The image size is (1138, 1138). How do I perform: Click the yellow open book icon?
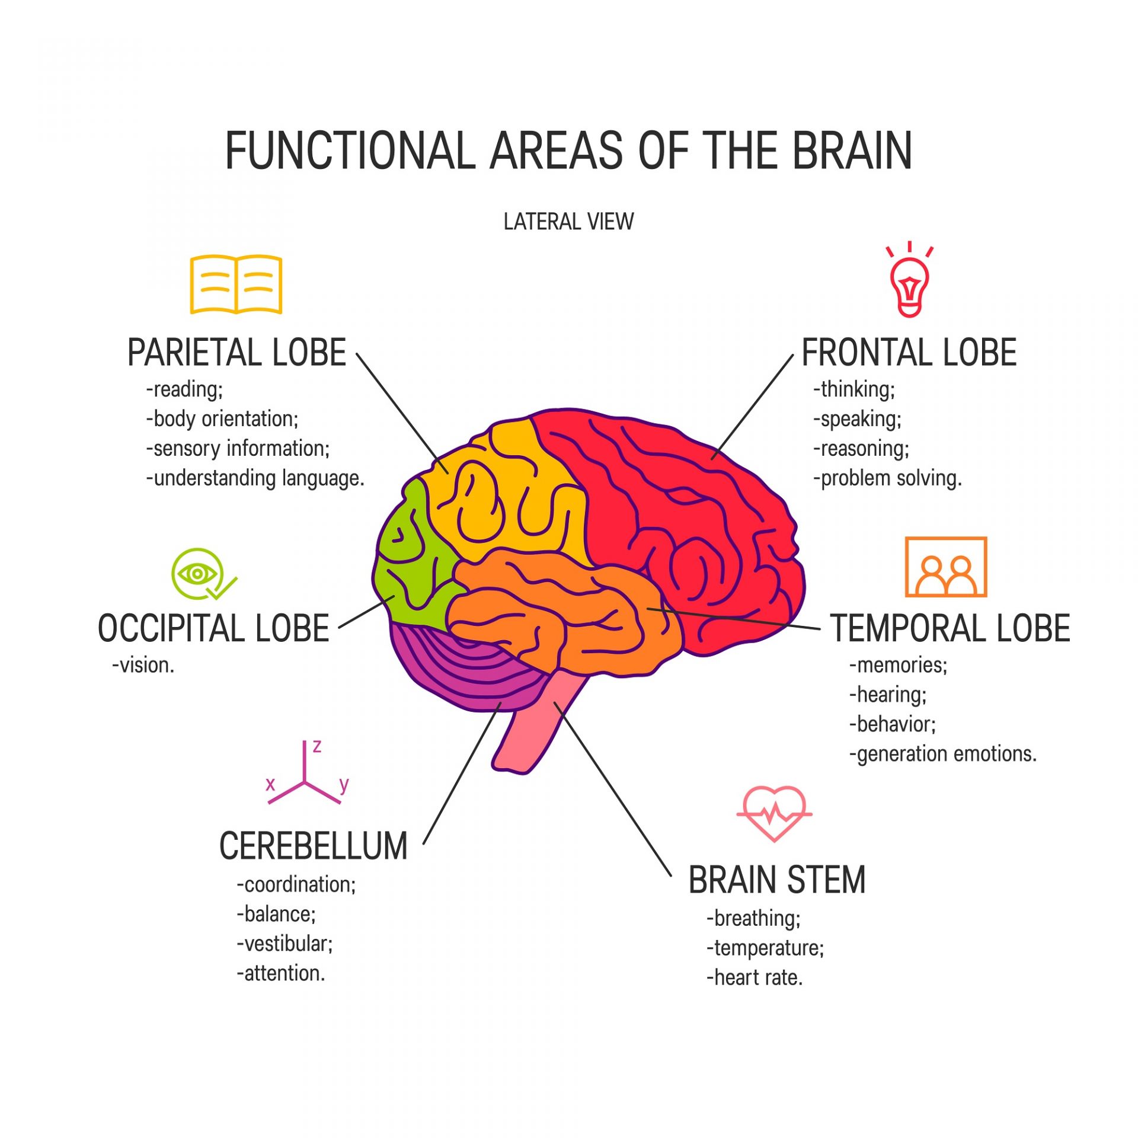236,284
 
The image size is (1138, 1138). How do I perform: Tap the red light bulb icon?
909,279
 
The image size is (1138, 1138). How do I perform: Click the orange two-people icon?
946,567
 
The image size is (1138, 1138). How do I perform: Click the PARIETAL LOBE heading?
236,353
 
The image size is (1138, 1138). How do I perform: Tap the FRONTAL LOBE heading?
909,353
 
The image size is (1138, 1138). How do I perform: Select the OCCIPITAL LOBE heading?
213,628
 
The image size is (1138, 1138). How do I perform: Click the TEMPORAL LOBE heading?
950,628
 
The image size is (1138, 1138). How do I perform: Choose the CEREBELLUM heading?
314,846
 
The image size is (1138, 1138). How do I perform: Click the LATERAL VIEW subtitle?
568,222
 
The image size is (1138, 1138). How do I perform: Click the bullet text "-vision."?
143,665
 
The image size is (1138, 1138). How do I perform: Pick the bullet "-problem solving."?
887,478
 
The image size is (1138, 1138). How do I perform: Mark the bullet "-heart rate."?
755,977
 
